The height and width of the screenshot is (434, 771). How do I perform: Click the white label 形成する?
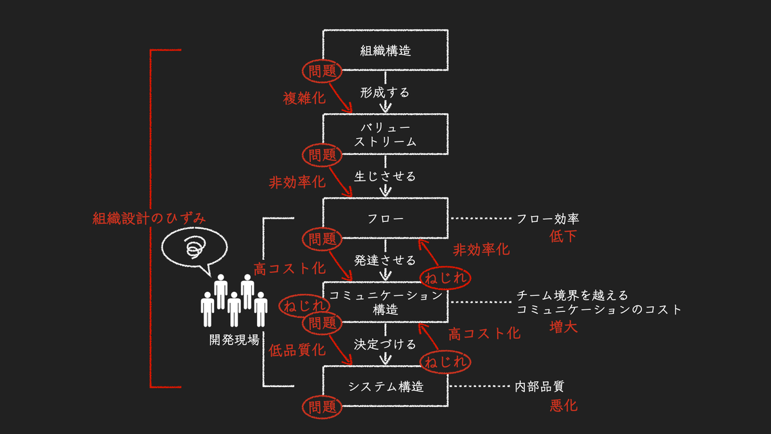(385, 93)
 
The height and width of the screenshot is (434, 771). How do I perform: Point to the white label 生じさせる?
(385, 176)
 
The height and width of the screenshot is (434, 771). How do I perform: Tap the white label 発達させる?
(385, 260)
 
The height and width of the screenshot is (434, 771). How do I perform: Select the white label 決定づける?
(385, 345)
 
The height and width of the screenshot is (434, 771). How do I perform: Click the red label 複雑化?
(305, 98)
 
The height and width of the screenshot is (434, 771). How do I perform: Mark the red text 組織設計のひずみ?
(149, 218)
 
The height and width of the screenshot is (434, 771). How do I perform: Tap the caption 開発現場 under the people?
(235, 340)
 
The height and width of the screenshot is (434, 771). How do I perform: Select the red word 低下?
(563, 237)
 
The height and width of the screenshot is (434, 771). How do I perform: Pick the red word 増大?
(563, 327)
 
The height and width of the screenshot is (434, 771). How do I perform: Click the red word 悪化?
(563, 406)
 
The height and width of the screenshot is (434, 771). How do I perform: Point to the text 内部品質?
(540, 386)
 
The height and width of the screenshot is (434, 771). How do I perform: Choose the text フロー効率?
(548, 219)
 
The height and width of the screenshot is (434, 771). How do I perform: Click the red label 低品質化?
(297, 350)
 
